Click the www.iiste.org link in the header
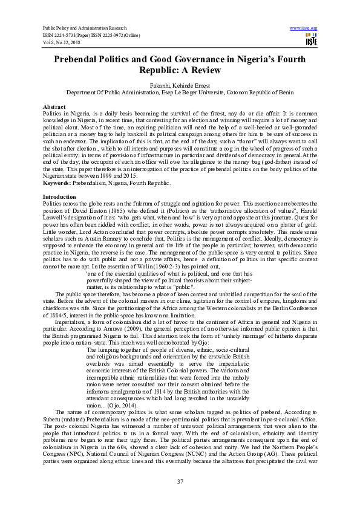click(304, 28)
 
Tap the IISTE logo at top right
click(311, 41)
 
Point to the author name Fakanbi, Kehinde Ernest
click(179, 86)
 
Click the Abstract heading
click(54, 106)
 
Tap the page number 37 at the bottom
click(180, 481)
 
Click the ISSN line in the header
click(97, 35)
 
